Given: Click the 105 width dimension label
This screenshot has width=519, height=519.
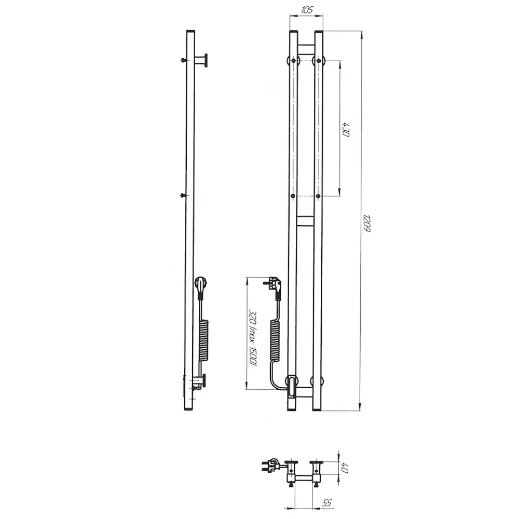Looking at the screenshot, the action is [x=307, y=10].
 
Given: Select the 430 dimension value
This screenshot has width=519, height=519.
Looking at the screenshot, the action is [x=346, y=129].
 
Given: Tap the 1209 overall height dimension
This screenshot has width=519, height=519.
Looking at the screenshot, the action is [x=366, y=223].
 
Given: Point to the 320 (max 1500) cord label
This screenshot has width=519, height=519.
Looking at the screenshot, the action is [x=253, y=338].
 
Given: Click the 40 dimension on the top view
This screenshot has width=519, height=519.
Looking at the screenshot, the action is [x=345, y=468].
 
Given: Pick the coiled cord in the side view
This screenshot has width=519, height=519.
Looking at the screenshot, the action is [x=204, y=340].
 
